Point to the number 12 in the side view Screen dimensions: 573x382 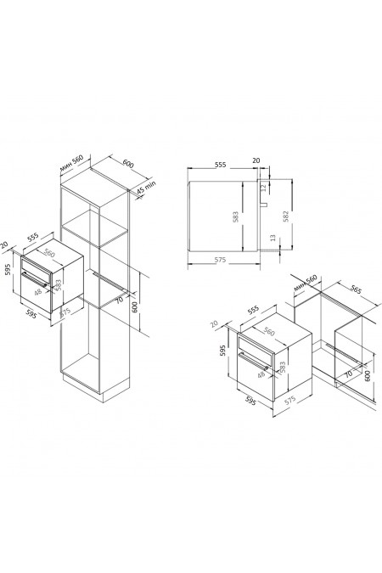263,188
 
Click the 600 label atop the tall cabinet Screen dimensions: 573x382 128,163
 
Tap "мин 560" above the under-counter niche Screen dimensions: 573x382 304,283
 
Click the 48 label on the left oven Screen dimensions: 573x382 37,291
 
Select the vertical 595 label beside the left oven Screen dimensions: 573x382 8,272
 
